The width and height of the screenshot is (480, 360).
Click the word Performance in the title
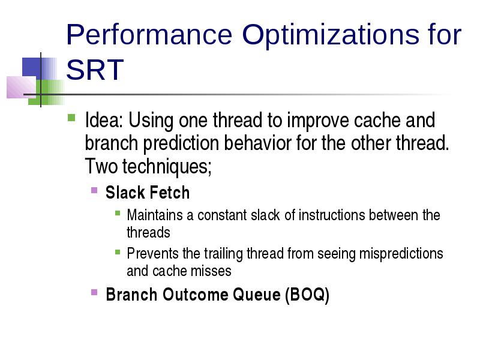pos(149,35)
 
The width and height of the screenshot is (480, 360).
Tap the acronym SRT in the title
pos(95,70)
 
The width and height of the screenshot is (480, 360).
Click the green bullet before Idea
pos(71,118)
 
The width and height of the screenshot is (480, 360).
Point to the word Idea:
pos(104,120)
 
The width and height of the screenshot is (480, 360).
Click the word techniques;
pos(167,167)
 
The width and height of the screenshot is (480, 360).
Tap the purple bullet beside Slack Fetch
pos(94,190)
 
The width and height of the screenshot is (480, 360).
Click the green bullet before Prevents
pos(118,252)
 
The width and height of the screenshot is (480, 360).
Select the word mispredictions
pos(401,254)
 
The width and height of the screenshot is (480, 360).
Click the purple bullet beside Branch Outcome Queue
pos(94,292)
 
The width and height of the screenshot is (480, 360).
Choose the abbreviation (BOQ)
pos(307,295)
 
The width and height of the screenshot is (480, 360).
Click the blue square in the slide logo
pos(31,67)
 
